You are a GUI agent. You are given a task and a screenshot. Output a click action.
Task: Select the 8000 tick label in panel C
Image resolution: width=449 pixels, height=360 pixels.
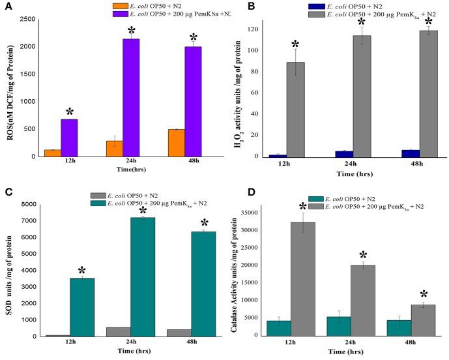coord(27,205)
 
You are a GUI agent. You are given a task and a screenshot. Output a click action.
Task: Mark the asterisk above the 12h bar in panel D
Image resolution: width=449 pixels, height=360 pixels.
coord(302,208)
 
